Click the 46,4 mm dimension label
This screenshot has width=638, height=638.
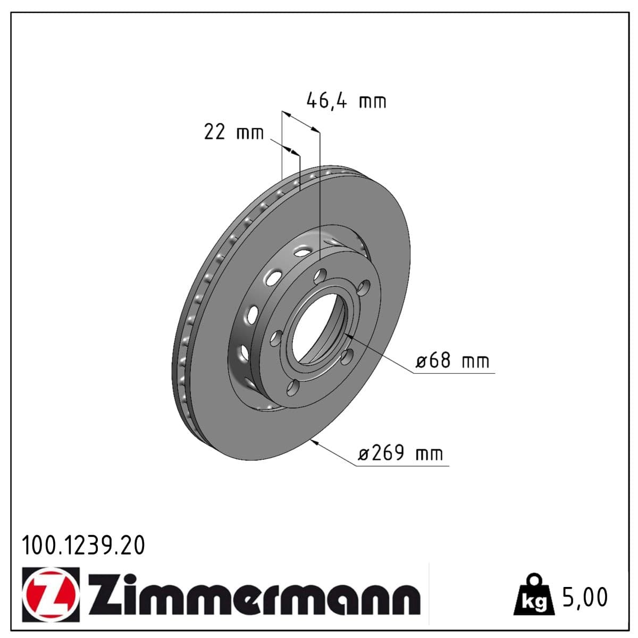(x=346, y=100)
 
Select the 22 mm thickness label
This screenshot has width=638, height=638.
(x=233, y=131)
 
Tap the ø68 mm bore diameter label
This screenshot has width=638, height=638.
(x=452, y=361)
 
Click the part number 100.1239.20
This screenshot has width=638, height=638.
(x=83, y=545)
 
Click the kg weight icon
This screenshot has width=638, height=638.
(x=533, y=595)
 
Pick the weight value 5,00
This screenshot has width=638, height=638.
(x=584, y=597)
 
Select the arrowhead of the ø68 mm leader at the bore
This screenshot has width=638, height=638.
(x=348, y=337)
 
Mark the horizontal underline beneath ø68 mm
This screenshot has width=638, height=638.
(x=455, y=373)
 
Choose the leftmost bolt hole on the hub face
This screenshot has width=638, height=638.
(x=276, y=339)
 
